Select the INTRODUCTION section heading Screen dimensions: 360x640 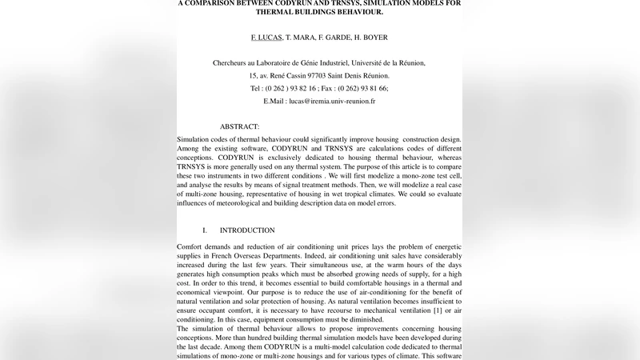tap(247, 230)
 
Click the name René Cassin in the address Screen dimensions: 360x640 tap(294, 76)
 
